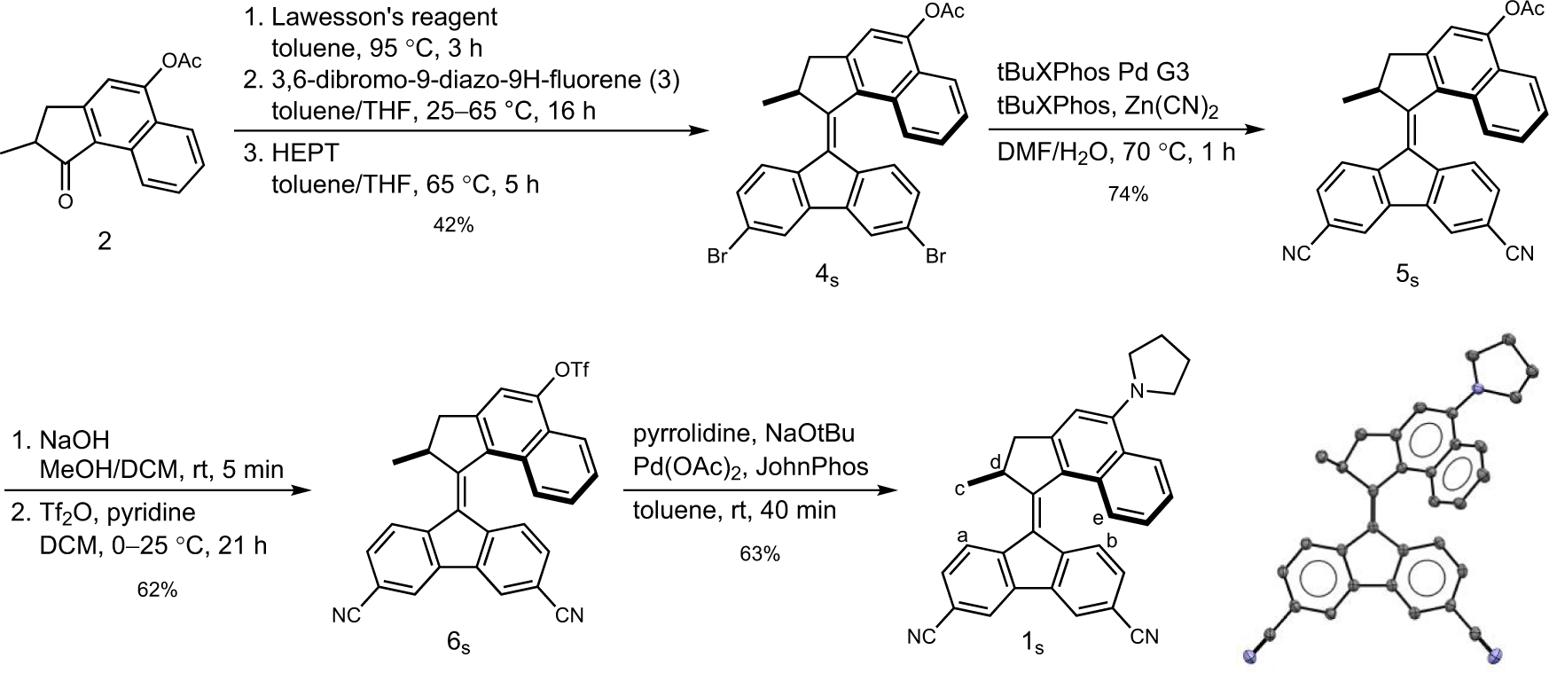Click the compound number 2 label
(x=105, y=241)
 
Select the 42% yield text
(x=453, y=224)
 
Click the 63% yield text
(x=760, y=554)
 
